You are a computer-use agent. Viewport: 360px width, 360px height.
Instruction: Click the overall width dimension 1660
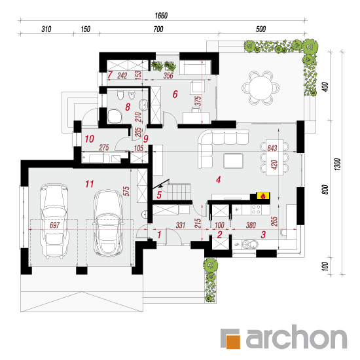[x=161, y=16]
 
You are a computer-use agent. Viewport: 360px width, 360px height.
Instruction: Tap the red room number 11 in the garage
[x=89, y=184]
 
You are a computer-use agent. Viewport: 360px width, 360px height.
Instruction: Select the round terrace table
[x=261, y=88]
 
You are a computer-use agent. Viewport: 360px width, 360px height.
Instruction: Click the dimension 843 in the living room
[x=272, y=148]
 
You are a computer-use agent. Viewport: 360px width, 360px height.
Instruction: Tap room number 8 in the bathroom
[x=128, y=107]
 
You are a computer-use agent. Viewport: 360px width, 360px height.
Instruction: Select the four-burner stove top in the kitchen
[x=256, y=209]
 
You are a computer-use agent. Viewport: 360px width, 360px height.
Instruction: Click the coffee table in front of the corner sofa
[x=233, y=161]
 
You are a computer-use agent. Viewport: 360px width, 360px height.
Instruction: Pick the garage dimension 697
[x=54, y=225]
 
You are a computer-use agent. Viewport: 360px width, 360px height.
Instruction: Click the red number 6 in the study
[x=175, y=94]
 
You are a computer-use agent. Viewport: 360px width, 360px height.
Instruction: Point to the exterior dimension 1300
[x=338, y=164]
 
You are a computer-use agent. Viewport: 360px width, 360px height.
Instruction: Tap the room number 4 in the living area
[x=219, y=180]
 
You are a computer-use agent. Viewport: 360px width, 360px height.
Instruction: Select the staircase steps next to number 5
[x=179, y=192]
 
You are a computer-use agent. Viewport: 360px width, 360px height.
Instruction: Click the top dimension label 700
[x=158, y=29]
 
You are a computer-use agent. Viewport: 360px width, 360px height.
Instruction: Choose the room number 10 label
[x=89, y=139]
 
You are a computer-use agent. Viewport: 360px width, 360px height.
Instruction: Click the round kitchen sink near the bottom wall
[x=249, y=244]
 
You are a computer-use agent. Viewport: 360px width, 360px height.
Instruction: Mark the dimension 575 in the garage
[x=126, y=191]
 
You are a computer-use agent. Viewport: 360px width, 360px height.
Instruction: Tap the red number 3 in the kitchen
[x=263, y=234]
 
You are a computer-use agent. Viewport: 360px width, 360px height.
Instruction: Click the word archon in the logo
[x=296, y=337]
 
